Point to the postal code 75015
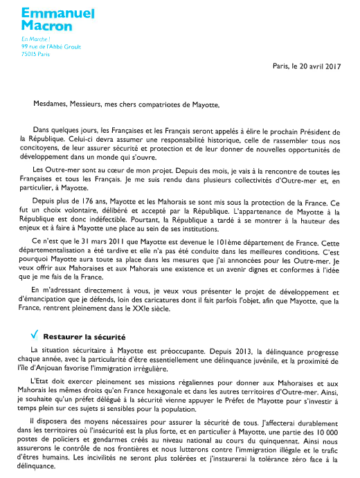pyautogui.click(x=30, y=54)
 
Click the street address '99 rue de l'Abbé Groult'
pyautogui.click(x=51, y=47)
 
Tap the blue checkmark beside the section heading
pyautogui.click(x=25, y=336)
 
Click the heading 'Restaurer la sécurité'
pyautogui.click(x=80, y=337)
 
